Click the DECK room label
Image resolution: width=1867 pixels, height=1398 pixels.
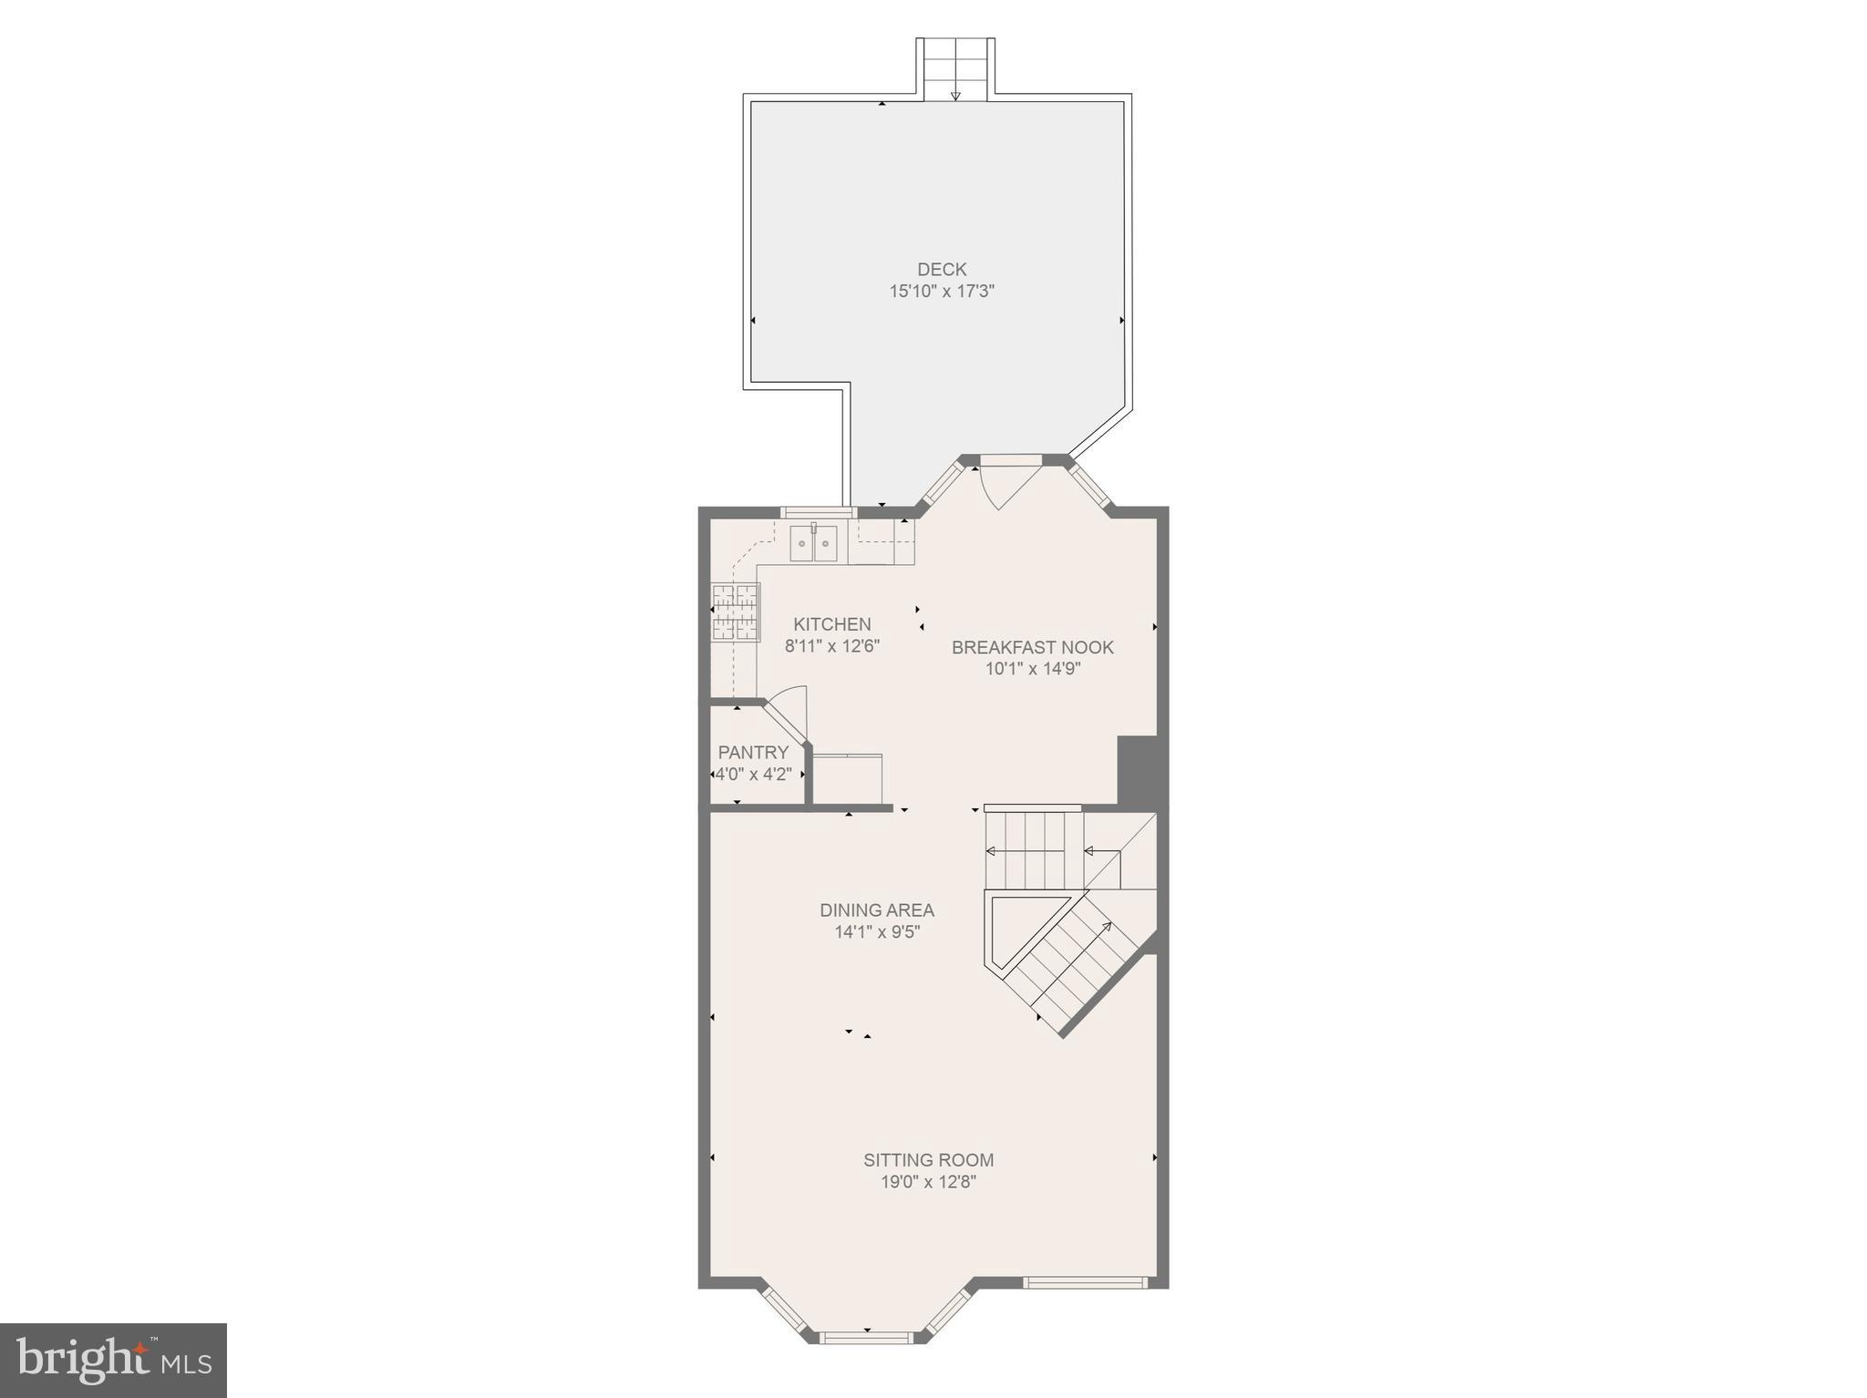point(942,269)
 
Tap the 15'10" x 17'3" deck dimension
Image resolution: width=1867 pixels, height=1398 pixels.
point(942,292)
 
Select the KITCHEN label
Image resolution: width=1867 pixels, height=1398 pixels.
point(831,624)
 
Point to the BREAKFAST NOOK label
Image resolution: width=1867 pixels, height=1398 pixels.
point(1032,647)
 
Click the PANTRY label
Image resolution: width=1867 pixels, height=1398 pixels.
point(753,753)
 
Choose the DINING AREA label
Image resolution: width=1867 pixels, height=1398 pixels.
point(876,910)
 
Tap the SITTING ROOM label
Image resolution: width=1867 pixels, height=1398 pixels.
point(928,1160)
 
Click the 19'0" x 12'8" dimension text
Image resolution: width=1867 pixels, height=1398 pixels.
point(928,1182)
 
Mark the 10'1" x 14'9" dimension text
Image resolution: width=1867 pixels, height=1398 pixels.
point(1032,669)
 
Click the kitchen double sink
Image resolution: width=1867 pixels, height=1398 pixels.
point(813,544)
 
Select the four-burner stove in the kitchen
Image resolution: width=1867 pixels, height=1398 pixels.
point(735,612)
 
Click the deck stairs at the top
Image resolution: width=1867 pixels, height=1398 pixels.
point(954,68)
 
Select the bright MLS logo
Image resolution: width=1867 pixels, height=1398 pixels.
point(113,1360)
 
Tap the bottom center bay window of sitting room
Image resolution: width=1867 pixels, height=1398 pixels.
point(866,1363)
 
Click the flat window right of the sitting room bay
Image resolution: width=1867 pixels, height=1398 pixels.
point(1084,1282)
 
